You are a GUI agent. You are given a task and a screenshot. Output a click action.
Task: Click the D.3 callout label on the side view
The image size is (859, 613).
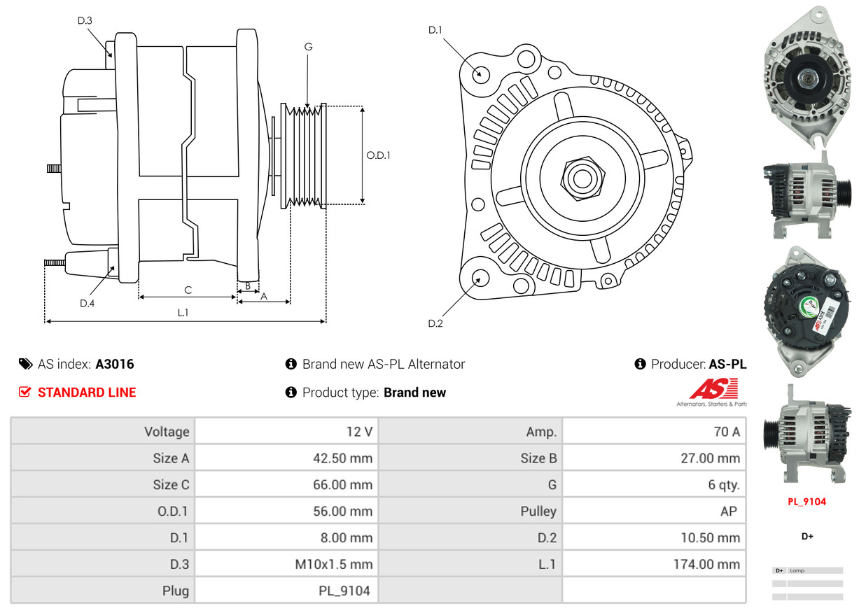coord(85,21)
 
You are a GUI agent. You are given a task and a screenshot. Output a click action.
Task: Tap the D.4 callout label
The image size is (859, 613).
coord(87,303)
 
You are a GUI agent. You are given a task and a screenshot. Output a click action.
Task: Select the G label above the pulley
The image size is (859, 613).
coord(308,47)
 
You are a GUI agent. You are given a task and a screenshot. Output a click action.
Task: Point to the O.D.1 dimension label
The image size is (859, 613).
coord(379,155)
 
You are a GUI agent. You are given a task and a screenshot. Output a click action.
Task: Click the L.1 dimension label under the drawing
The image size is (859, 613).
coord(183,313)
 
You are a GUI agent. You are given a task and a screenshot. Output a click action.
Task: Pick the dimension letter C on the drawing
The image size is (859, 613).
coord(188,290)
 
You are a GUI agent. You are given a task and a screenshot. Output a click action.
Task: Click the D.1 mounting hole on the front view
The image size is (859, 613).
coord(480,73)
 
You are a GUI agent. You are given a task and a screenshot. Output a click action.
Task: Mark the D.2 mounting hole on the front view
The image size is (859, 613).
coord(480,279)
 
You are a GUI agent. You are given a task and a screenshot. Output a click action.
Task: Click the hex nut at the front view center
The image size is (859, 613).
coord(580,176)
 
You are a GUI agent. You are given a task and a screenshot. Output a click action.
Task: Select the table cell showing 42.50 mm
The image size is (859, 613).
coord(342,458)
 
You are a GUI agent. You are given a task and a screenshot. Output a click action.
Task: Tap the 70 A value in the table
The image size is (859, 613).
coord(726,432)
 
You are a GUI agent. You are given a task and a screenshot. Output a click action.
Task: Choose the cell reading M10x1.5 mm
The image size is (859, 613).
coord(334,564)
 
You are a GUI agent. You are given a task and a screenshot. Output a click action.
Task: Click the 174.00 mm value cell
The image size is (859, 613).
coord(709,564)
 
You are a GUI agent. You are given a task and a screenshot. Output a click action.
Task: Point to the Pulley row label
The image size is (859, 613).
coord(538,512)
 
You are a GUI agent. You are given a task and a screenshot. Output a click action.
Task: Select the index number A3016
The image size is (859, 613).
coord(115,364)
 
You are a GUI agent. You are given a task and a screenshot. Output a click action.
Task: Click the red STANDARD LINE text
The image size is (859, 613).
coord(87,393)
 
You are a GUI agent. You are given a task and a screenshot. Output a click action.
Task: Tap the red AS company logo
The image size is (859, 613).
coord(713,389)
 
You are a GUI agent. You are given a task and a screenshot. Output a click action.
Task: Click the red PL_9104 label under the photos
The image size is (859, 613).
coord(806,502)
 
